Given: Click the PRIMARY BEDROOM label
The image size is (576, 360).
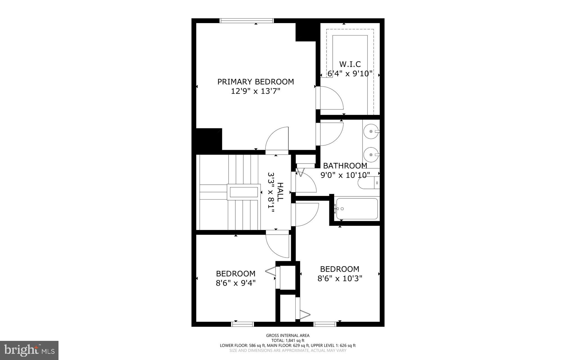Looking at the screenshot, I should (255, 82).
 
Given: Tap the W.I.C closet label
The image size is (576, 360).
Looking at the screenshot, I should (350, 64).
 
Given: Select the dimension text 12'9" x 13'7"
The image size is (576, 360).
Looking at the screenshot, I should (255, 91).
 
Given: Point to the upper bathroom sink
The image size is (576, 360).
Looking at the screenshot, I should (371, 131).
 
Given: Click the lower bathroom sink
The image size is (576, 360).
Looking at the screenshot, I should (371, 155).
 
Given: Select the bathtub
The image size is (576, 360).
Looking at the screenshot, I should (357, 209).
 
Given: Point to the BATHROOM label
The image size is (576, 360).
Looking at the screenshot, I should (345, 166).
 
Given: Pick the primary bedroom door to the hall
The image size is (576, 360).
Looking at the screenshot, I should (277, 140).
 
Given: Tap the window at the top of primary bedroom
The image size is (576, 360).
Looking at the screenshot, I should (247, 21).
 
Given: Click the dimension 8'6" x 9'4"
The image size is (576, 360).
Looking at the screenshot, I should (236, 283).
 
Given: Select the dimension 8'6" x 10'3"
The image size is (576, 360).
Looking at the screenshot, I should (340, 278).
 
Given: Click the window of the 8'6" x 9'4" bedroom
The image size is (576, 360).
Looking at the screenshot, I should (242, 324).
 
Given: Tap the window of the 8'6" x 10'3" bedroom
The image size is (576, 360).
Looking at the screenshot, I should (325, 324).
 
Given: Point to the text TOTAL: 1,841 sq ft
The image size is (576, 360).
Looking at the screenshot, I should (288, 341).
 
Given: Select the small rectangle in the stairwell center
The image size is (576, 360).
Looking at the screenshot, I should (244, 192).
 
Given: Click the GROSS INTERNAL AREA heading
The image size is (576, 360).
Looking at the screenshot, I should (288, 336).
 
